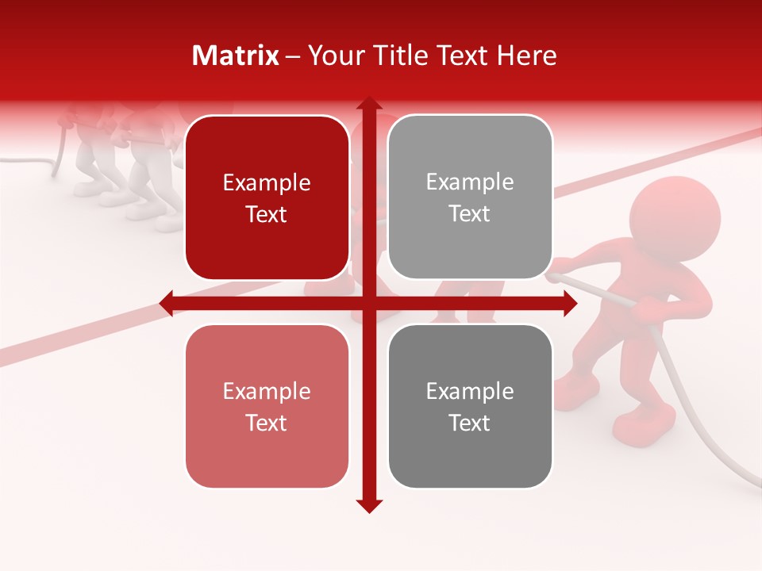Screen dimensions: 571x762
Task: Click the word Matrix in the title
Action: pyautogui.click(x=236, y=56)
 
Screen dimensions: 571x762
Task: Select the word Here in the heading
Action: pyautogui.click(x=526, y=56)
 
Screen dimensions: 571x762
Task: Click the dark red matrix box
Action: pyautogui.click(x=267, y=198)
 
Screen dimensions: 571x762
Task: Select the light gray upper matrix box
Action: pyautogui.click(x=470, y=197)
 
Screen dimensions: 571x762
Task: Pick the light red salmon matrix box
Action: pyautogui.click(x=267, y=406)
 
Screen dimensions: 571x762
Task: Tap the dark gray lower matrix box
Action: pyautogui.click(x=470, y=406)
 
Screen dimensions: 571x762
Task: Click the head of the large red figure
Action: pyautogui.click(x=675, y=218)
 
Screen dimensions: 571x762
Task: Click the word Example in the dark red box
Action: pyautogui.click(x=267, y=183)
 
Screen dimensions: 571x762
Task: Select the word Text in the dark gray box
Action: pyautogui.click(x=470, y=423)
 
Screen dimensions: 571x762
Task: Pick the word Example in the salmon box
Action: pyautogui.click(x=267, y=391)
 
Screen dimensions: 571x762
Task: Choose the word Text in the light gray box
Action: pyautogui.click(x=470, y=214)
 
